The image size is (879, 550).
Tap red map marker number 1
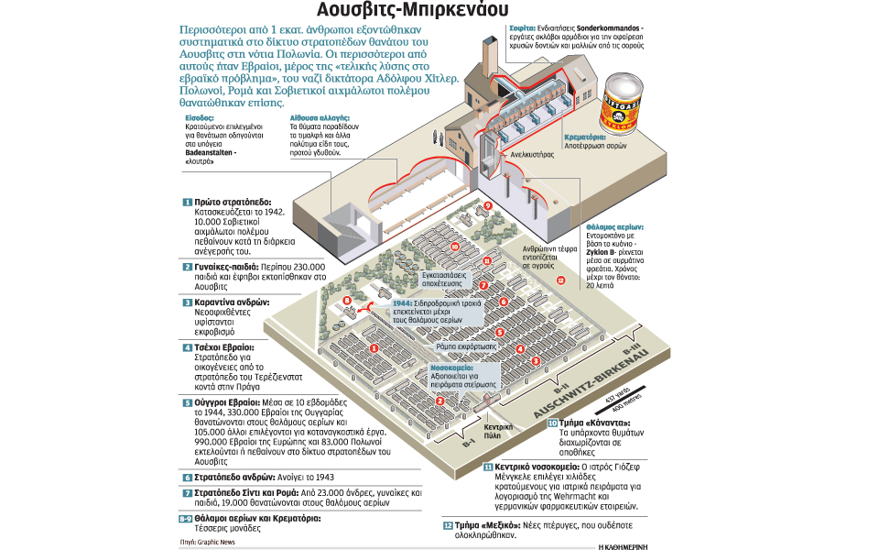tap(374, 347)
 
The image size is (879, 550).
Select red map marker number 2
tap(439, 401)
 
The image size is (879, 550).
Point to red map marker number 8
tap(347, 300)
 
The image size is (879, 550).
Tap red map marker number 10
tap(455, 246)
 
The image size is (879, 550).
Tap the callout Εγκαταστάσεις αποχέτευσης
tap(447, 279)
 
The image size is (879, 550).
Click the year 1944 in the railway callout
tap(403, 303)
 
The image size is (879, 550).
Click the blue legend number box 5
tap(187, 401)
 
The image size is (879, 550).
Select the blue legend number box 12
tap(448, 525)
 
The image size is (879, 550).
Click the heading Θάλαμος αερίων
tap(614, 225)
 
